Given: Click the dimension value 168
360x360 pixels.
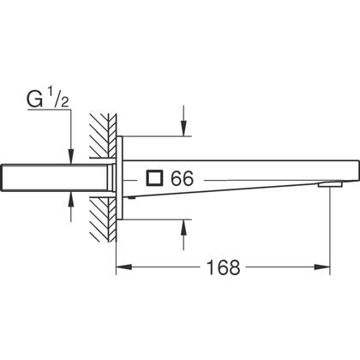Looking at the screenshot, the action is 224,267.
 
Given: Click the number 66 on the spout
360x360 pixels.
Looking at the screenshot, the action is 182,178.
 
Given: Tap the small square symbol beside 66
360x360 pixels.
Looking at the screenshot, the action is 154,178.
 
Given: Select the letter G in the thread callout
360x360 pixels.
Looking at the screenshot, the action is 35,99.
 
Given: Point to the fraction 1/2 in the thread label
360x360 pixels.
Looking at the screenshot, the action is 59,99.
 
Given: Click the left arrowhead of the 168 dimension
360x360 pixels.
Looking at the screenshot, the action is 123,267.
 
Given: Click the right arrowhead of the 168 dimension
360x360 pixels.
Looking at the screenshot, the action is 322,267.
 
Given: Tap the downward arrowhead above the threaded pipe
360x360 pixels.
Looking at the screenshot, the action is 71,157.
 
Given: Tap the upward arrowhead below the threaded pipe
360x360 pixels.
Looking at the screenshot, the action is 71,200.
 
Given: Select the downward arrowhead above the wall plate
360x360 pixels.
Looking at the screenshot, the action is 183,129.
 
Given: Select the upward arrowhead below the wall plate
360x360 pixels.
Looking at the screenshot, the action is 183,228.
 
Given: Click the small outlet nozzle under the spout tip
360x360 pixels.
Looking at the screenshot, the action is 330,185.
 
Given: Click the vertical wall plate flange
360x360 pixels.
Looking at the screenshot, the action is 120,178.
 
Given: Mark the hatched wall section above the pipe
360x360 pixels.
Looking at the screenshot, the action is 103,135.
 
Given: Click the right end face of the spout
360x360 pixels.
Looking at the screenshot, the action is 359,171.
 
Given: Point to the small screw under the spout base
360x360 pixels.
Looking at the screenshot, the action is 131,197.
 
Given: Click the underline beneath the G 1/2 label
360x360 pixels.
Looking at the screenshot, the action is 49,109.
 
